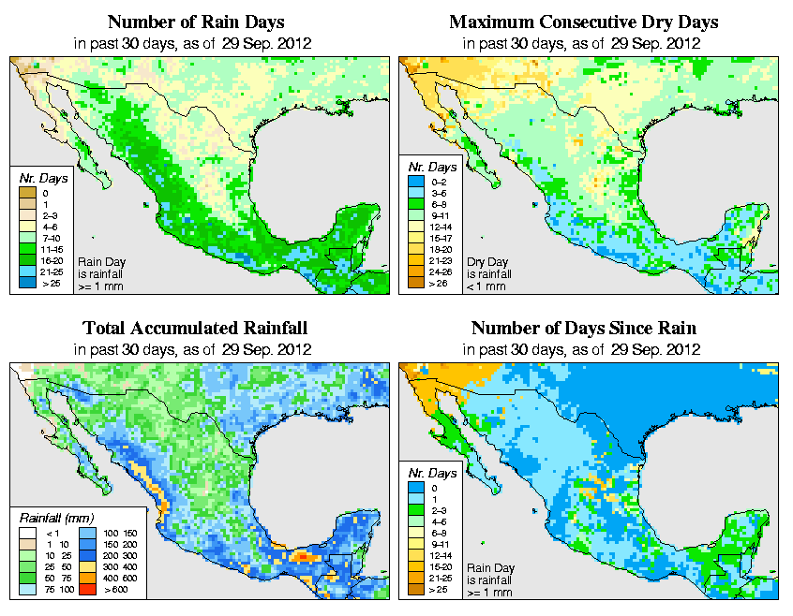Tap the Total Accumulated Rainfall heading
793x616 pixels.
pos(195,329)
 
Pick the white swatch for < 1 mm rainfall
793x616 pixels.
pos(25,533)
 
